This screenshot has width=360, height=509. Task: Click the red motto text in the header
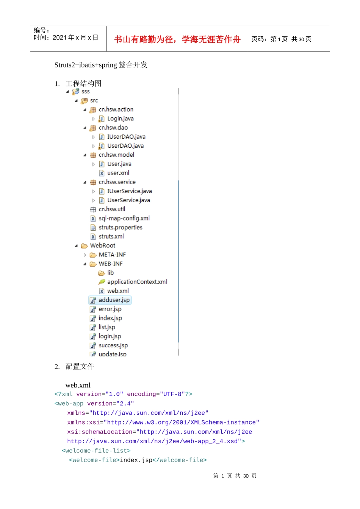[177, 39]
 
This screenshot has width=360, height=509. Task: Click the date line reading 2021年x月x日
[66, 37]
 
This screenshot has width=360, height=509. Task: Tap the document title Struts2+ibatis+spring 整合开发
[101, 65]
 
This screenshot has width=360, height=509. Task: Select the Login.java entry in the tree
[121, 119]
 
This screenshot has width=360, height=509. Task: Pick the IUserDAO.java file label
[127, 137]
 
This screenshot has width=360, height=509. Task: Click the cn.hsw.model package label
[116, 155]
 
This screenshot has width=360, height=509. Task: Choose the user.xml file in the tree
[118, 173]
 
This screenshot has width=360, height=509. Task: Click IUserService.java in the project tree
[130, 191]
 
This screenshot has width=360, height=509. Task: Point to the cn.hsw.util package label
[112, 209]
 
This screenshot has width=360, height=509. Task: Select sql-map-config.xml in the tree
[124, 219]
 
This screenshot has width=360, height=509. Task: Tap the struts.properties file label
[121, 228]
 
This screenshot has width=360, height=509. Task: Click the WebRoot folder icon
[85, 246]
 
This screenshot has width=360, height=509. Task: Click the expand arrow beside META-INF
[85, 255]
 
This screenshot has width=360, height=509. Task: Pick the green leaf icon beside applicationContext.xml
[102, 282]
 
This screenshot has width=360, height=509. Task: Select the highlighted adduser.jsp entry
[110, 300]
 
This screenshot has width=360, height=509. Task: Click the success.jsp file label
[113, 345]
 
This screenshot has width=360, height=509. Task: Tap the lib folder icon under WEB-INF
[102, 273]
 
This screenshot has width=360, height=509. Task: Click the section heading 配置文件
[80, 367]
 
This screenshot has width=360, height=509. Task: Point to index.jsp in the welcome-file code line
[136, 460]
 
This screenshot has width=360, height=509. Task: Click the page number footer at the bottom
[235, 476]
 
